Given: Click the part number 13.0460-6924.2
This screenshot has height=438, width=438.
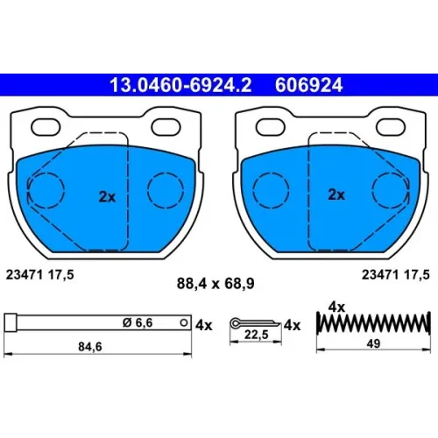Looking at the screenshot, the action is click(x=180, y=85).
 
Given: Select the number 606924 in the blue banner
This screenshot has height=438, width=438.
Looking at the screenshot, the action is click(x=308, y=85).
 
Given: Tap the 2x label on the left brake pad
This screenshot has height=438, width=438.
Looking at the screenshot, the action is click(x=107, y=197).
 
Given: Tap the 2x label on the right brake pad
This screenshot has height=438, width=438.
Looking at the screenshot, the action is click(x=336, y=194).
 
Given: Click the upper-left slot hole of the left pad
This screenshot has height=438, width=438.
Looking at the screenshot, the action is click(x=46, y=127).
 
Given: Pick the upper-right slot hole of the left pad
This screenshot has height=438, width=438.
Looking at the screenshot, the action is click(x=166, y=127).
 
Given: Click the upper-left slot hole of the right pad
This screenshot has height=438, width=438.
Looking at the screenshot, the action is click(x=271, y=127).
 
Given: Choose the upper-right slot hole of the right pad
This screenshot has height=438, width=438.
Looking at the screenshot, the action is click(x=391, y=127).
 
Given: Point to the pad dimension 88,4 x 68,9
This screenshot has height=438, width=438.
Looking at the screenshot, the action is click(x=215, y=284).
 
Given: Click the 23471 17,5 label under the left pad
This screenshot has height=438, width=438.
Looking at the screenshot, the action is click(x=40, y=275).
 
